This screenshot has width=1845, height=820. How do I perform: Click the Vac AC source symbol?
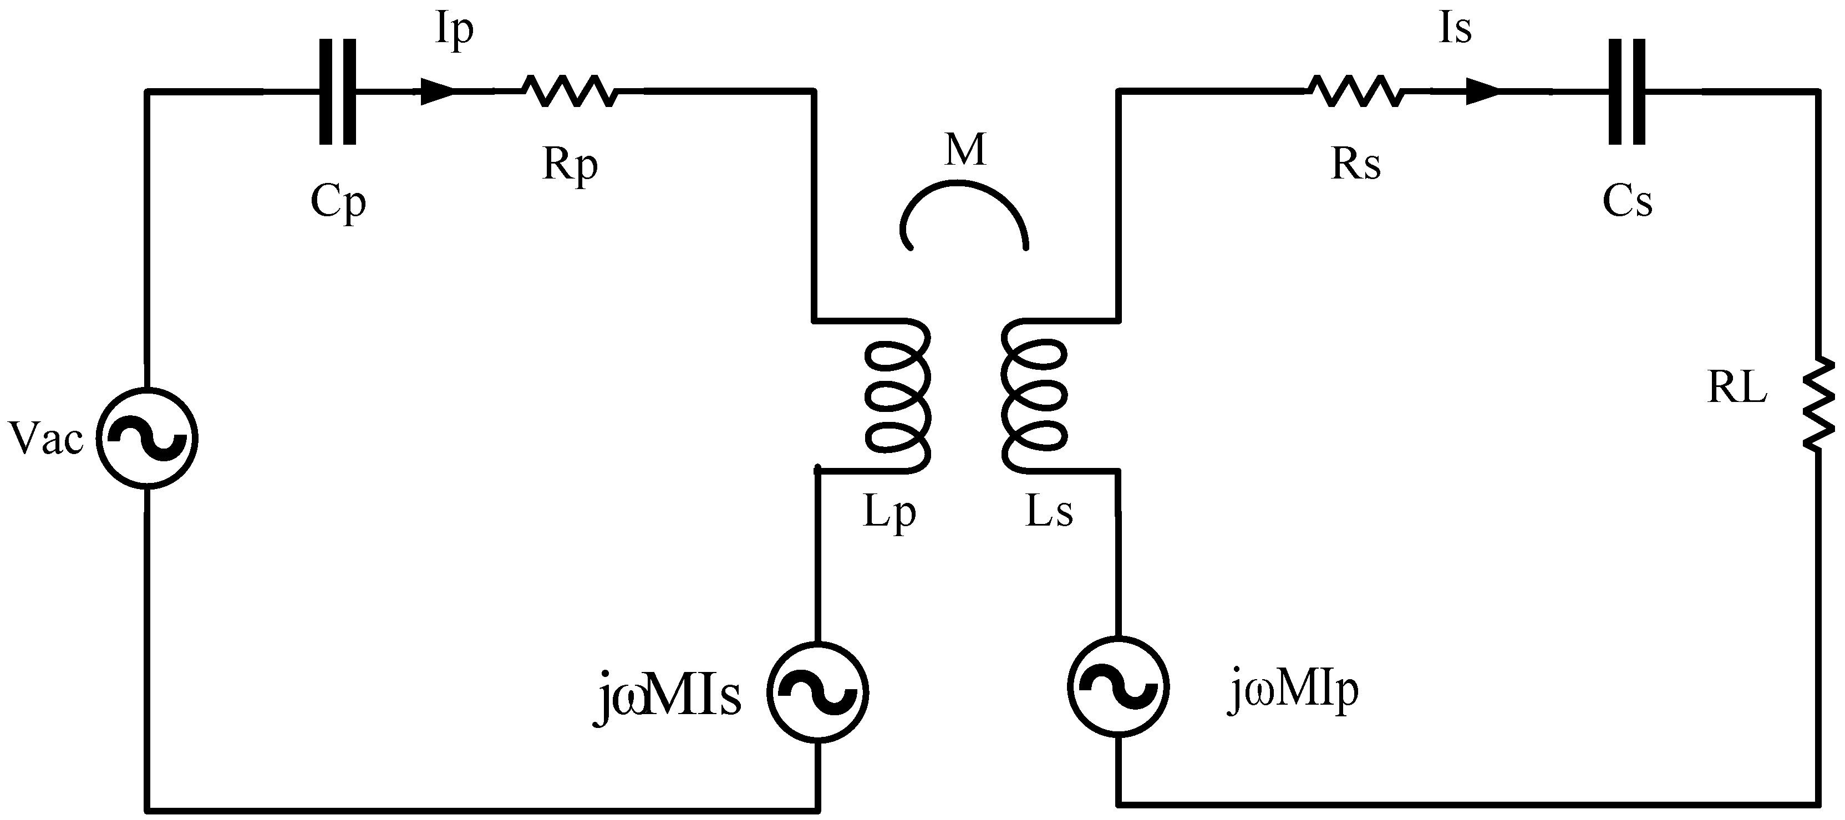click(x=147, y=439)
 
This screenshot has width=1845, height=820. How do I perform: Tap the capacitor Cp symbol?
click(x=337, y=91)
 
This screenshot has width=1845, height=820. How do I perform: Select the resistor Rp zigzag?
click(x=570, y=91)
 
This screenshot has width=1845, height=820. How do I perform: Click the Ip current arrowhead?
click(x=436, y=91)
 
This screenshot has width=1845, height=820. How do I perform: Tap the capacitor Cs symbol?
click(x=1627, y=91)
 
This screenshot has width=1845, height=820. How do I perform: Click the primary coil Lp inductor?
click(x=898, y=396)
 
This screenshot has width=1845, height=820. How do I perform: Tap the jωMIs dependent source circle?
click(x=817, y=691)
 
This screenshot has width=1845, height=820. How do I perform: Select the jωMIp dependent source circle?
click(x=1118, y=686)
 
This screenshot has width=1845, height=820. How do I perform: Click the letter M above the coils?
click(x=965, y=150)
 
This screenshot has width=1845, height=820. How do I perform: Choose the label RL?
click(x=1736, y=389)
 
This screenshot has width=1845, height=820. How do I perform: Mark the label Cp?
click(x=338, y=203)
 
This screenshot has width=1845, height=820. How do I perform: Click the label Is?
click(x=1455, y=29)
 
